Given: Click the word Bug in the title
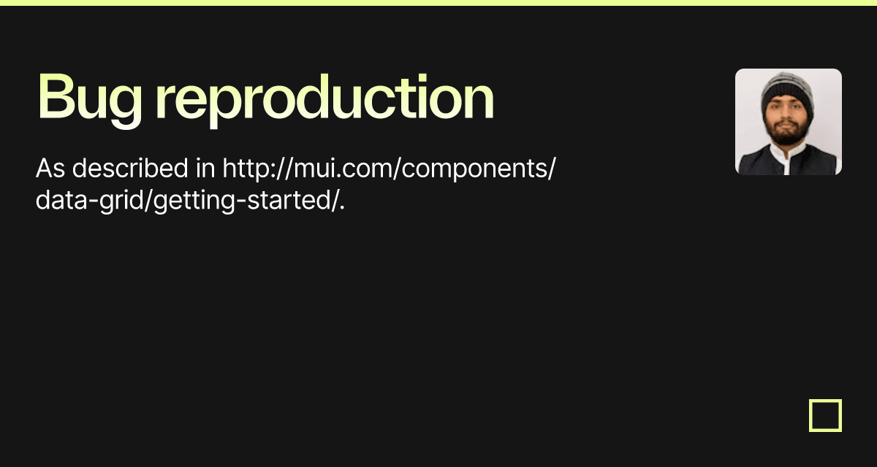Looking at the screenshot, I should [x=88, y=98].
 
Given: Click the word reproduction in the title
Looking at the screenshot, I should [x=324, y=98].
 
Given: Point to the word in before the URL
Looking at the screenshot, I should [x=206, y=169].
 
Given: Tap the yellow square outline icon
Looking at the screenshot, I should [x=825, y=415].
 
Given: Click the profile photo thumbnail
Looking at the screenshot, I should [x=788, y=122].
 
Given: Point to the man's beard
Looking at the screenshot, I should [x=786, y=135].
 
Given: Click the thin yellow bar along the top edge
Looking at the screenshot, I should [x=438, y=2].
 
